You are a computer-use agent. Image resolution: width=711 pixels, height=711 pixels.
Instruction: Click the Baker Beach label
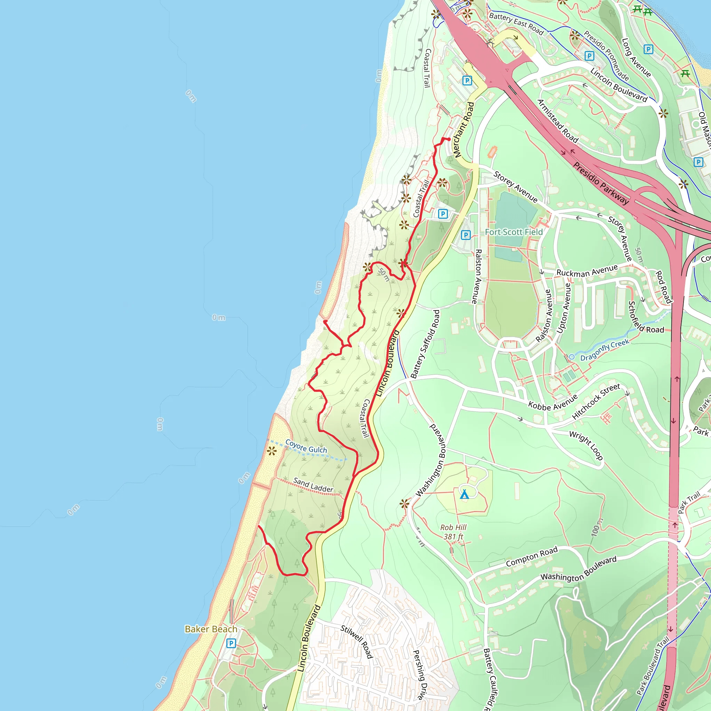coord(211,629)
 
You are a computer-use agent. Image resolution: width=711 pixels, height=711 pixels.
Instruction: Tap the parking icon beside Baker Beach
coord(231,643)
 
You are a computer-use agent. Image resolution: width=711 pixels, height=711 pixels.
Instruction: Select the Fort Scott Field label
coord(514,232)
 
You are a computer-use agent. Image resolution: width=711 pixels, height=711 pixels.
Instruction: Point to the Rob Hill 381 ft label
coord(453,532)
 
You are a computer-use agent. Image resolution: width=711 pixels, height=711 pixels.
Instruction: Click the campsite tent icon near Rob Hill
coord(465,494)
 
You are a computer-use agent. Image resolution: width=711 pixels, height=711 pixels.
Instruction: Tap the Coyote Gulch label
coord(306,446)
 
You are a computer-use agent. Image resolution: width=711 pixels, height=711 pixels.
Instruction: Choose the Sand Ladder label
coord(313,485)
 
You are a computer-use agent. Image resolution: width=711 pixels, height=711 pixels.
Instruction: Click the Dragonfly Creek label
coord(605,350)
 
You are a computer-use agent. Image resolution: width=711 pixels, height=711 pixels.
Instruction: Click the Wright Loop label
coord(586,445)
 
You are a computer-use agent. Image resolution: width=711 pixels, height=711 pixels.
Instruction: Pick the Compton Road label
coord(532,557)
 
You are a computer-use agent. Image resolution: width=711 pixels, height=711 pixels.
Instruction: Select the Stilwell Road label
coord(357,642)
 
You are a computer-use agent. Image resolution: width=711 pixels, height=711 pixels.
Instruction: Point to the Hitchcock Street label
coord(596,401)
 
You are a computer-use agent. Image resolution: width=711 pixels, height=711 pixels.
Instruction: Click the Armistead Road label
coord(558,121)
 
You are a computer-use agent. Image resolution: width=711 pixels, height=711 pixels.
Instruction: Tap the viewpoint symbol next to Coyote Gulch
coord(271,451)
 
